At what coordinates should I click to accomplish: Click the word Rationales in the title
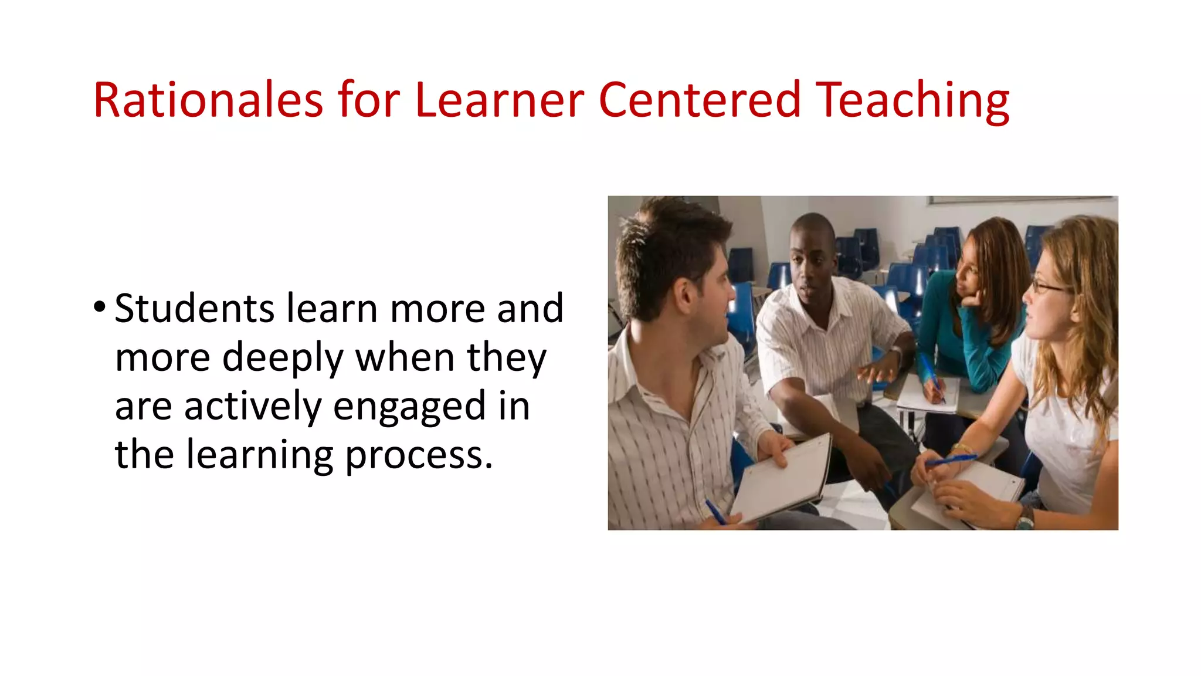coord(208,100)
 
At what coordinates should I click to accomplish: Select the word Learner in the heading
coord(499,100)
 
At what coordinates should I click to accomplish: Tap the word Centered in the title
coord(699,100)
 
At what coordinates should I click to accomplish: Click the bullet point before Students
coord(100,306)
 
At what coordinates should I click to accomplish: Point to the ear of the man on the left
coord(684,293)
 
